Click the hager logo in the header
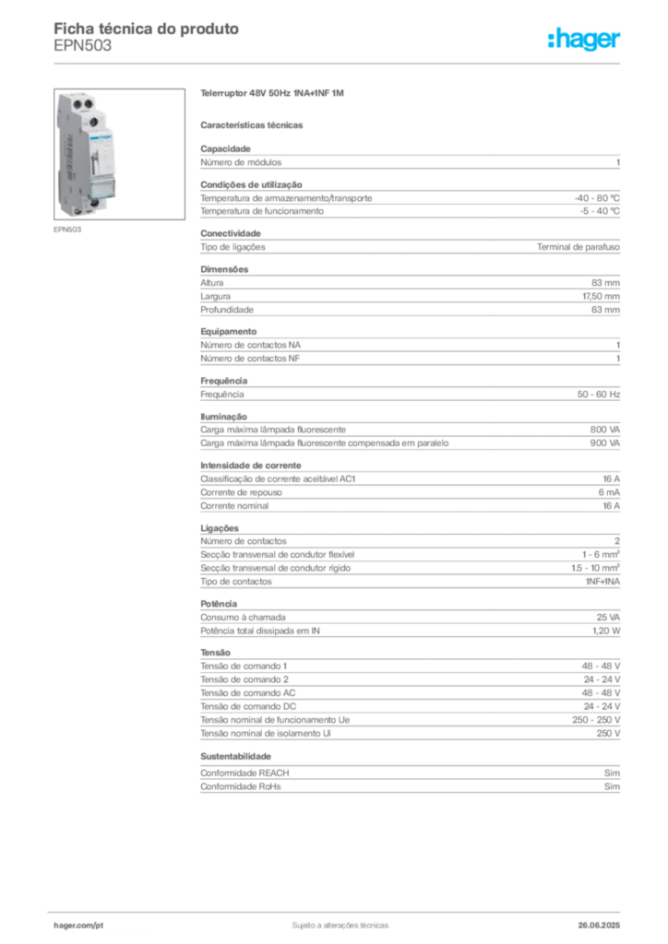pos(584,40)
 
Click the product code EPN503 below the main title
pos(82,46)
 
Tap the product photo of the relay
pos(119,154)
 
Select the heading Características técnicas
pos(252,125)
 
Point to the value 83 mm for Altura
pos(605,282)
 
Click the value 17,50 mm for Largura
pos(601,296)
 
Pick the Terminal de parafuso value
pos(579,247)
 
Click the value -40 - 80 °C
pos(597,198)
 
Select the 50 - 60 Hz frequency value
pos(598,395)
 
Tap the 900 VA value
pos(604,443)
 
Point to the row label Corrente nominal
pos(234,506)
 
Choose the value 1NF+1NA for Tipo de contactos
pos(602,582)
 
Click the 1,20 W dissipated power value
pos(606,631)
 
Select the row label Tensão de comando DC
pos(248,706)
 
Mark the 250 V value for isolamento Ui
pos(608,733)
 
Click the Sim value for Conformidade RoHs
pos(612,786)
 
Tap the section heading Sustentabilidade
pos(235,756)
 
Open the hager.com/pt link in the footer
pos(78,926)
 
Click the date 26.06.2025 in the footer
pos(599,926)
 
